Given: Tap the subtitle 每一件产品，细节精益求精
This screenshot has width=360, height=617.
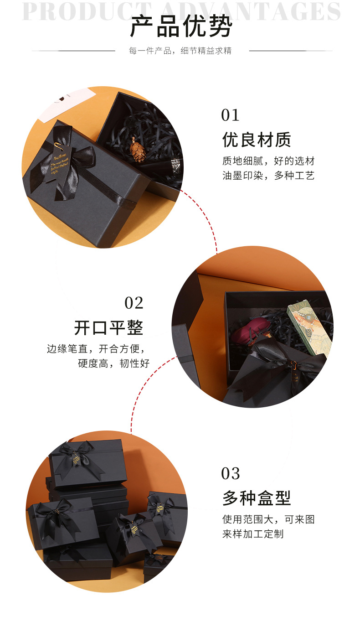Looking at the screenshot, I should [180, 51].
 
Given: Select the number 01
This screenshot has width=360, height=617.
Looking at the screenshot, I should [230, 115].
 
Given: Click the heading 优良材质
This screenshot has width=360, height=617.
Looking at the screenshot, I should [257, 140].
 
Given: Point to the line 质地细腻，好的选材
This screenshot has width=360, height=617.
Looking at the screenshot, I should [268, 161].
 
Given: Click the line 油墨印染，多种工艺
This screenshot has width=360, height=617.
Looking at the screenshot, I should [268, 176].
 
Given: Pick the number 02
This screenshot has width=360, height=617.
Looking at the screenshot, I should [134, 303].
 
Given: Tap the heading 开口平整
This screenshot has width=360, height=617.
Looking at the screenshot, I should [109, 327].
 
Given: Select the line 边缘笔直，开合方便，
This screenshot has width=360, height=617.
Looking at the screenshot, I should [98, 349].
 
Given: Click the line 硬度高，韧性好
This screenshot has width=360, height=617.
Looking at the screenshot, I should [113, 363].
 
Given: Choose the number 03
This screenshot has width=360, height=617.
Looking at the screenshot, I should [230, 473].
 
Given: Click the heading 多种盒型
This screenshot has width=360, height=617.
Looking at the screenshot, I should [257, 498].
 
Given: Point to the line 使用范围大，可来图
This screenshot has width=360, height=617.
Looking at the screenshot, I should [268, 519].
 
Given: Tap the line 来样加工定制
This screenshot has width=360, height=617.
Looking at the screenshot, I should [253, 534].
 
